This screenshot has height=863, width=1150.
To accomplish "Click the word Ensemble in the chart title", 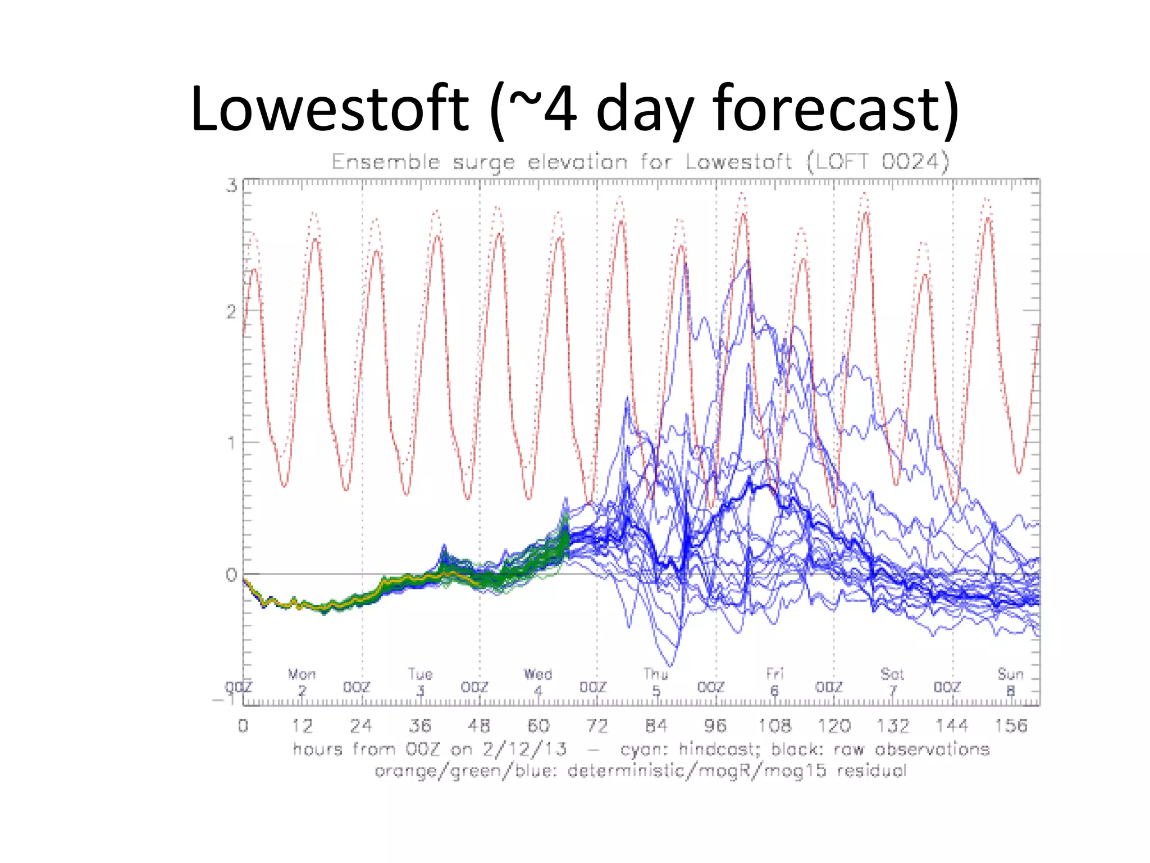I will [x=386, y=162].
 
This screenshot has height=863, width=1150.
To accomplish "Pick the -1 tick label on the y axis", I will [x=225, y=700].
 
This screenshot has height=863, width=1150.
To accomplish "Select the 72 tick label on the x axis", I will [x=597, y=726].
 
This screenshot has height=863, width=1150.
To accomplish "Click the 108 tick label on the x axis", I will [x=774, y=726].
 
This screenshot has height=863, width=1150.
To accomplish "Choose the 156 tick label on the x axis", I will [x=1011, y=726].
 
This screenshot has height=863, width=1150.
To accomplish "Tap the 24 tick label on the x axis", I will [x=361, y=726].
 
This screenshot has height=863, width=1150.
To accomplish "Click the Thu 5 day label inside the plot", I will [x=656, y=682].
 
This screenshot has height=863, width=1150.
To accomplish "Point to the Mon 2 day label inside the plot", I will [x=302, y=682].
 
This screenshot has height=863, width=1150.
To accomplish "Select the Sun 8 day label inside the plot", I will [x=1011, y=682].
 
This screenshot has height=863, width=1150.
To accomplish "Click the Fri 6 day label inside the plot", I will [x=774, y=682].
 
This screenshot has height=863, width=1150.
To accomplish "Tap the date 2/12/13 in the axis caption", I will [x=525, y=749].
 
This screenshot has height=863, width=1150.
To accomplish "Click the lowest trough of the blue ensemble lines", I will [x=672, y=666].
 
